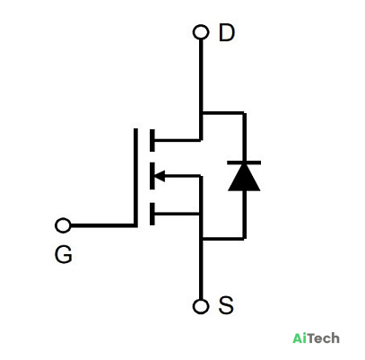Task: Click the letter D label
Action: tap(227, 32)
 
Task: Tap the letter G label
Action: tap(64, 255)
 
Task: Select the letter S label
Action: tap(226, 305)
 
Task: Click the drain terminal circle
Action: tap(201, 32)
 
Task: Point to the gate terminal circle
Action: tap(63, 225)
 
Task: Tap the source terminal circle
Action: tap(201, 306)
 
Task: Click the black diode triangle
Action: tap(244, 178)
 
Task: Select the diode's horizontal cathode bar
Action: tap(244, 162)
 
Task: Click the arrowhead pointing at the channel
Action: tap(160, 176)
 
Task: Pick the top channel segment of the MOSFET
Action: tap(152, 140)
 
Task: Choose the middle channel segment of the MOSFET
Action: tap(152, 176)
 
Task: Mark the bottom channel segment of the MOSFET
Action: tap(152, 214)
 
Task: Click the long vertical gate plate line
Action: tap(135, 178)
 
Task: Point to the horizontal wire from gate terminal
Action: tap(102, 225)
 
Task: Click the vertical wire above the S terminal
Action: tap(201, 269)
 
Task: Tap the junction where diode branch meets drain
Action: tap(201, 113)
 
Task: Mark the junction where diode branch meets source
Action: tap(201, 239)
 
